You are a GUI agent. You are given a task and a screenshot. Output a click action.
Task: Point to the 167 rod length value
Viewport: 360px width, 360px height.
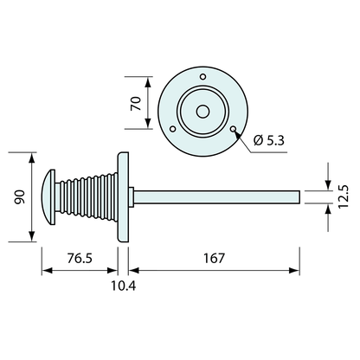215,258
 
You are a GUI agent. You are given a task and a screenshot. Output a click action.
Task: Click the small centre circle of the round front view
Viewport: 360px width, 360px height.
202,112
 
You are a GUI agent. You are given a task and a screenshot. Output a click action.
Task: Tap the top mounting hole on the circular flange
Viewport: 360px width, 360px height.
202,78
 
